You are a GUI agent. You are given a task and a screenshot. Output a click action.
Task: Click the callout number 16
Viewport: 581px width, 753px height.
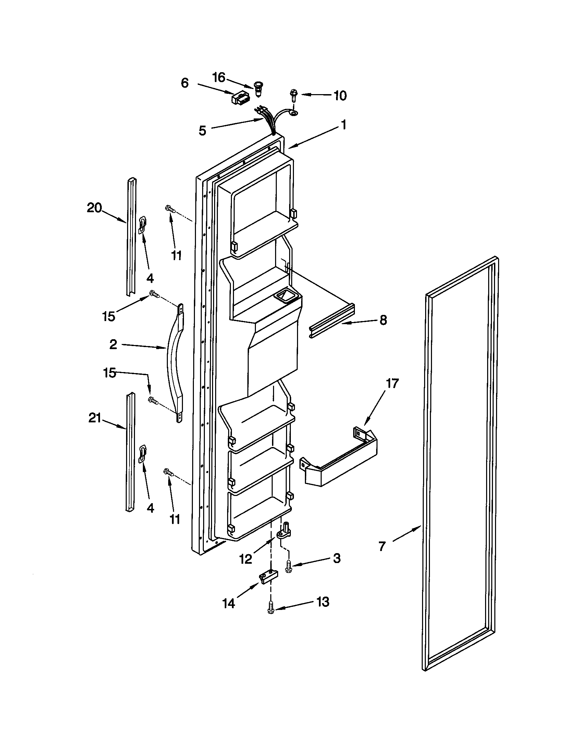click(x=219, y=78)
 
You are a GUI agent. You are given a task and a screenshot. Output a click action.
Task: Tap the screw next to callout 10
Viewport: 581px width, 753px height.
click(x=294, y=95)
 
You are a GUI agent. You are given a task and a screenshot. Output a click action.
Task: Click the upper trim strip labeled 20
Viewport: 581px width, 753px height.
click(x=132, y=238)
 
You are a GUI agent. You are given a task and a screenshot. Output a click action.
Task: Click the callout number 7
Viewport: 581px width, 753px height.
click(x=382, y=547)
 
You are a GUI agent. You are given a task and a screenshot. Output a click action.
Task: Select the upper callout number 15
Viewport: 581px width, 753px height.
click(x=109, y=316)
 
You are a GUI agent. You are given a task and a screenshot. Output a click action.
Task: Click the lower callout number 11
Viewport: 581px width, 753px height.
click(x=175, y=520)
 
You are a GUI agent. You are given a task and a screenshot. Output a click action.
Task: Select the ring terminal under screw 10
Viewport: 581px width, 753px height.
click(x=293, y=112)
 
